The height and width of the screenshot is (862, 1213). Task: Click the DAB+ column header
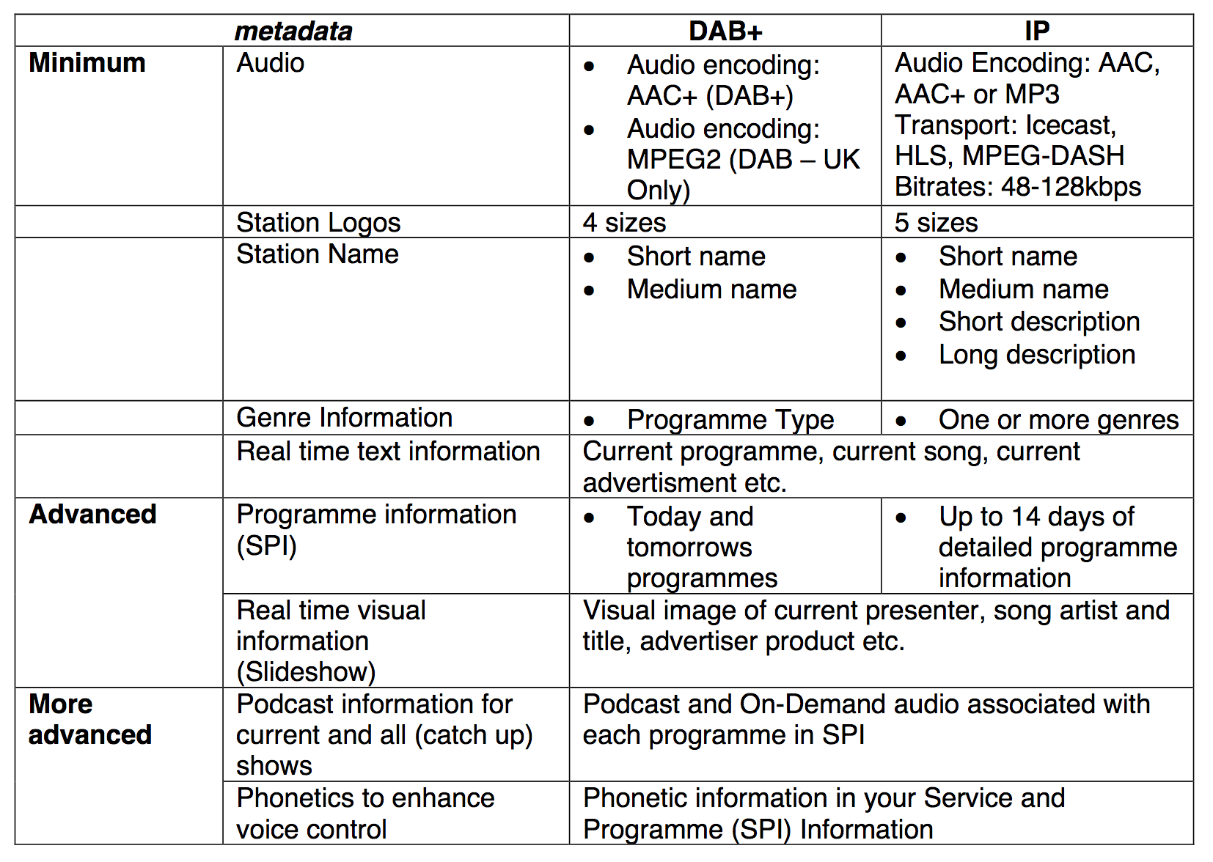click(x=725, y=31)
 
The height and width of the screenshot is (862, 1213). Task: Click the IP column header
click(x=1036, y=31)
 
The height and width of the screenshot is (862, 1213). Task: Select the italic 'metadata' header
click(x=293, y=32)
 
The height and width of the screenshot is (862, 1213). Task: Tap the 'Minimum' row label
click(x=87, y=63)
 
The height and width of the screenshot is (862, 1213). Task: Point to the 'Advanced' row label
click(x=92, y=515)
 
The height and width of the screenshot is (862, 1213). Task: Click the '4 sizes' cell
click(x=624, y=222)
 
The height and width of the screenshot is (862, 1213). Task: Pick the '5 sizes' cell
click(x=936, y=222)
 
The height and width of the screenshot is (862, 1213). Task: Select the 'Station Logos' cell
click(x=318, y=223)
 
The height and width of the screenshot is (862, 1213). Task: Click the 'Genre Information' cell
click(x=344, y=418)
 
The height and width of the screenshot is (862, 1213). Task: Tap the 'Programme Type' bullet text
click(x=730, y=420)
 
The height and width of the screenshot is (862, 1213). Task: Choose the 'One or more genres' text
click(x=1058, y=420)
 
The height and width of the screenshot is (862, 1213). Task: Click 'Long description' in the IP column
click(x=1037, y=355)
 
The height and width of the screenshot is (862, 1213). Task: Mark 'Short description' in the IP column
click(x=1039, y=322)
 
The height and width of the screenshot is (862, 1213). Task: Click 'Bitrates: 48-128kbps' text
click(x=1018, y=187)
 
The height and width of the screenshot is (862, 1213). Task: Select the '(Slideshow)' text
click(x=306, y=671)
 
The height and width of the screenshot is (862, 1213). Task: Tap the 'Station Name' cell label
click(x=318, y=254)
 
